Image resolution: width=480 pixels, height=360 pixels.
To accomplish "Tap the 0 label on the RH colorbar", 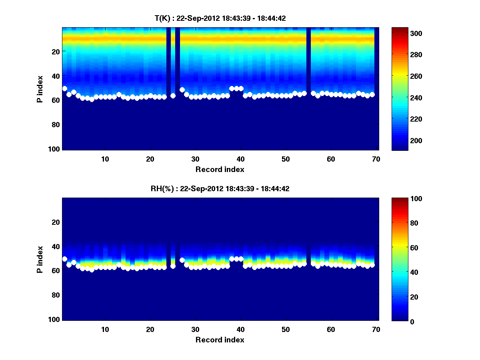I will pos(397,321).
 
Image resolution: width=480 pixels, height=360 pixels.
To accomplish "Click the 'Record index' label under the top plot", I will pos(220,169).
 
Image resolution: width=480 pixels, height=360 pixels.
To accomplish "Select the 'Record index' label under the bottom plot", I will pos(220,340).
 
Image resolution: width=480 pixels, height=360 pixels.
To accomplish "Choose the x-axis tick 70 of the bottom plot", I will pos(376,329).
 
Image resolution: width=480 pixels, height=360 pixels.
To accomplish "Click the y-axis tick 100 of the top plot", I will pos(55,149).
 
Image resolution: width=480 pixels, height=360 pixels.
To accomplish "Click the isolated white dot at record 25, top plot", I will pos(173,96).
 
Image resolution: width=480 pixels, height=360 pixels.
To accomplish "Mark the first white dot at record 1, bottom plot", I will pos(65,259).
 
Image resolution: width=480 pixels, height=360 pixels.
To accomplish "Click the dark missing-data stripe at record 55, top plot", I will pos(308,60).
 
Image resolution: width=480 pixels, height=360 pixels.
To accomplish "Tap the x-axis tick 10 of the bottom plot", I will pos(105,329).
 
